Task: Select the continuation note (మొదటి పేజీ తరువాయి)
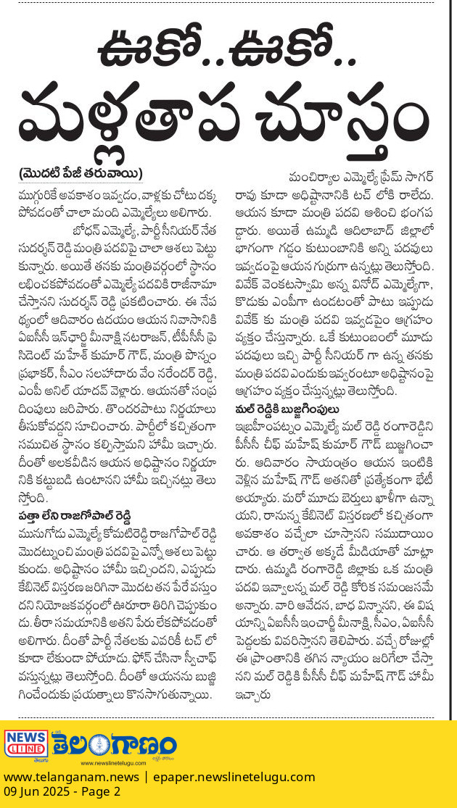click(x=81, y=174)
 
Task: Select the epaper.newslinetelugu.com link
click(x=232, y=777)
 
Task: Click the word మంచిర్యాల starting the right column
click(x=316, y=178)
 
